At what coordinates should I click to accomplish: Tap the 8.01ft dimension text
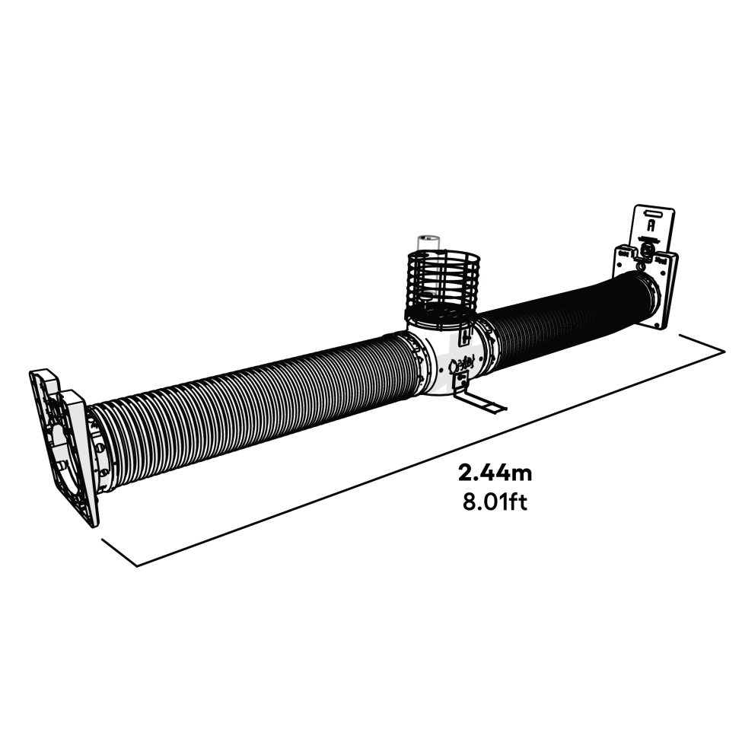click(495, 502)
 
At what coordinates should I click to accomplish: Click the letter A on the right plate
click(651, 226)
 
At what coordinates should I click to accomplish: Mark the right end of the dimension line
click(722, 351)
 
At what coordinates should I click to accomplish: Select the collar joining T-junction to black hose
click(487, 346)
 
